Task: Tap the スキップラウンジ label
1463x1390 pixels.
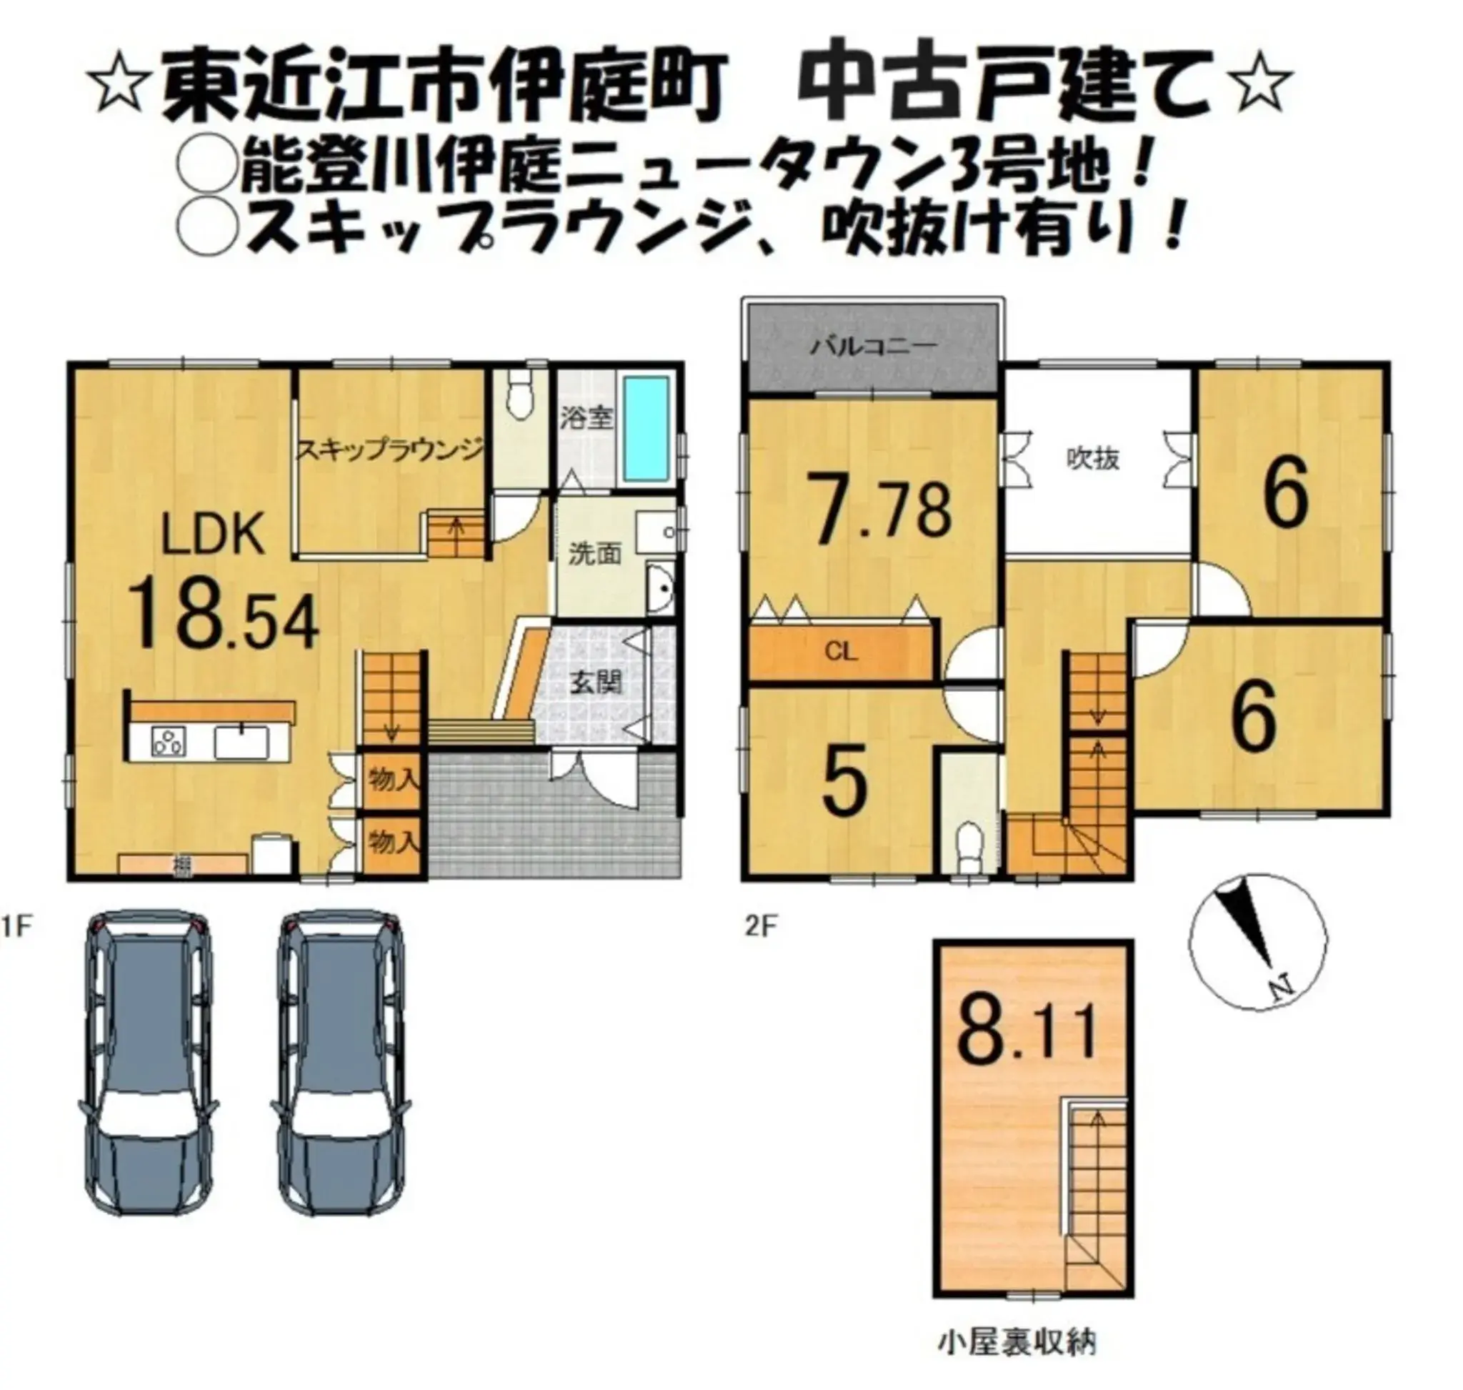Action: (390, 450)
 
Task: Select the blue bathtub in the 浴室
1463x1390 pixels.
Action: (646, 427)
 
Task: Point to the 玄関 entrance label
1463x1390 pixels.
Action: (595, 682)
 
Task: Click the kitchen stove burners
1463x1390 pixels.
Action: (168, 742)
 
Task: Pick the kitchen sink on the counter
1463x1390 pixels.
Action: (241, 742)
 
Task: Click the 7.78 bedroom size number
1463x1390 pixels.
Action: (882, 510)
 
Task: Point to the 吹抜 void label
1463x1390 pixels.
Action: (1093, 460)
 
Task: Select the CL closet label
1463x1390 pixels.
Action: (841, 652)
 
